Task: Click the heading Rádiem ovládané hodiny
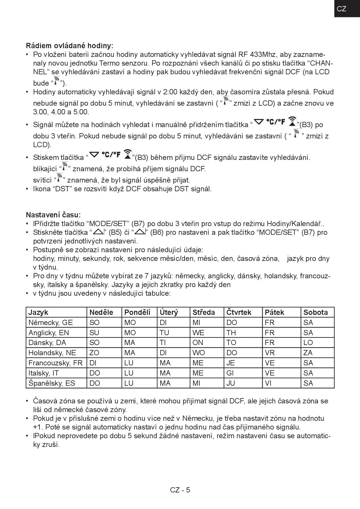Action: [70, 46]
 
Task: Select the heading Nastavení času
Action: [53, 215]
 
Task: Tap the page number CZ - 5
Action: [180, 490]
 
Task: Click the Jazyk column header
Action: [38, 312]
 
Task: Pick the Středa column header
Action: [204, 312]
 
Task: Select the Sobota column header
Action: [316, 312]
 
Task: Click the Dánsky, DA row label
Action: [47, 342]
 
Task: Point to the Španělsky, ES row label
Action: [52, 383]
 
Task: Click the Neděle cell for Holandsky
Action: [94, 353]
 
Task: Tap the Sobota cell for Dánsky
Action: [308, 342]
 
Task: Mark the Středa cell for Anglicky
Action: [198, 333]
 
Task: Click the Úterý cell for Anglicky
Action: [164, 333]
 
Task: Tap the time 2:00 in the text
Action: [170, 92]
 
